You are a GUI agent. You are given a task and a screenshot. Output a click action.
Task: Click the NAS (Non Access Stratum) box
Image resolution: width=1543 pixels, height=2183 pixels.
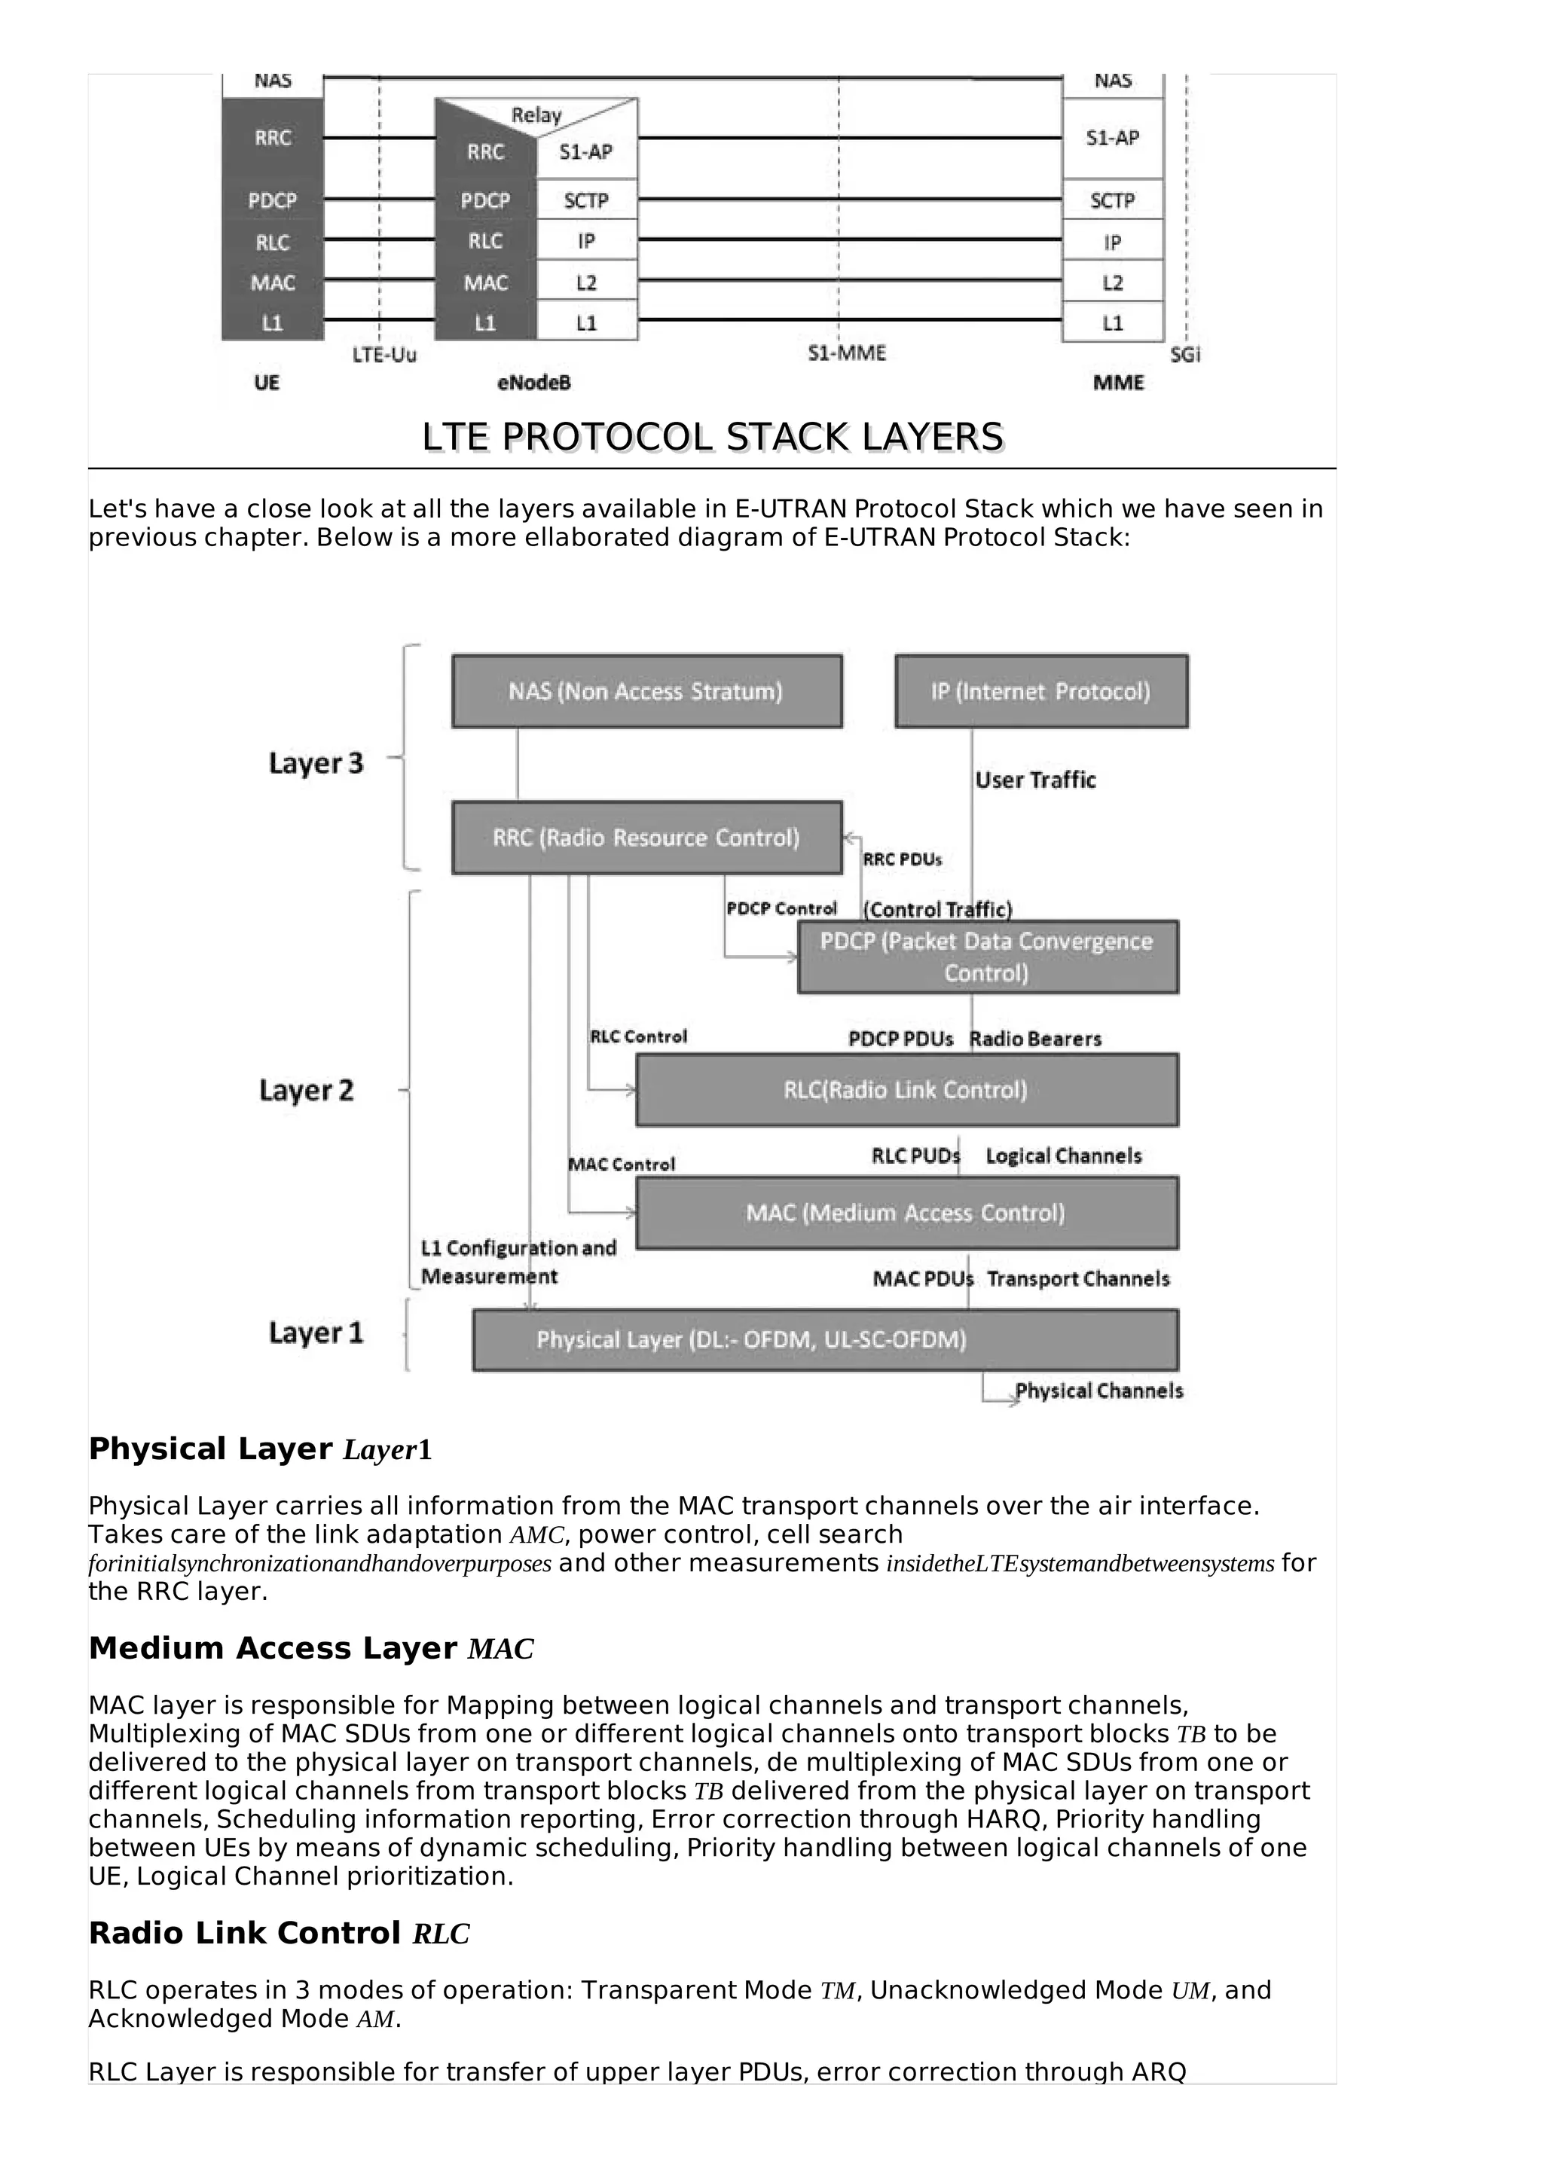point(646,692)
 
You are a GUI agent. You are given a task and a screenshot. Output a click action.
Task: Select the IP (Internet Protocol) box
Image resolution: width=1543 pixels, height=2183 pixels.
point(1041,692)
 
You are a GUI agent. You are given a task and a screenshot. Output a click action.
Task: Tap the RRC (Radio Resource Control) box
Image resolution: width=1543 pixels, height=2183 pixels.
point(646,838)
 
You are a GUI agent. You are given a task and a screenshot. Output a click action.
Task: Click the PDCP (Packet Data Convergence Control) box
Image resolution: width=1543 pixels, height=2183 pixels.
point(987,957)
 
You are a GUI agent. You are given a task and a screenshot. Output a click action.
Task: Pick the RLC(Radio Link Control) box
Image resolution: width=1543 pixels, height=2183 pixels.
point(906,1089)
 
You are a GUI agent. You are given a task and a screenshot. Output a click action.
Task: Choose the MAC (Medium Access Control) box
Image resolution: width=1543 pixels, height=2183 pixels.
point(906,1214)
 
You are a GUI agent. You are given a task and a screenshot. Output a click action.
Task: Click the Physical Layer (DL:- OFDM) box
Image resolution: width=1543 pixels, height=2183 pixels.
point(825,1339)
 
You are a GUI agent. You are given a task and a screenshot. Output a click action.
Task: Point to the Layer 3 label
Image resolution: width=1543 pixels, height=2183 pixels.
point(316,764)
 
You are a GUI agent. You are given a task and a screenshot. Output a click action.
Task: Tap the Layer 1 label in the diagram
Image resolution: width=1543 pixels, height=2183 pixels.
point(316,1333)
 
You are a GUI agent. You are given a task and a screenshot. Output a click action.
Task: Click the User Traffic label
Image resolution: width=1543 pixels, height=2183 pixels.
point(1035,780)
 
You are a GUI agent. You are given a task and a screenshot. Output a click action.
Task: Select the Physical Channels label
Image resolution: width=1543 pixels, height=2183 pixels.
point(1099,1391)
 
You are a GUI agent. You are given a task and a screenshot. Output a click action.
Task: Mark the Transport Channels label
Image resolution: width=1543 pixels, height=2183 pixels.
point(1078,1279)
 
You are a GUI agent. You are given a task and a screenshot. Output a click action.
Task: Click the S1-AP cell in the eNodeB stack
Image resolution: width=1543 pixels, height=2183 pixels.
point(585,152)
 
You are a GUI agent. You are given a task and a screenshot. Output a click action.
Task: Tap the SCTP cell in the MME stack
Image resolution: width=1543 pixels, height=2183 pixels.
point(1112,200)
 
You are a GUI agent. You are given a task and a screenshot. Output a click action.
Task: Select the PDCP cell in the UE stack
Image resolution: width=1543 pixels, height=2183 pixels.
point(272,200)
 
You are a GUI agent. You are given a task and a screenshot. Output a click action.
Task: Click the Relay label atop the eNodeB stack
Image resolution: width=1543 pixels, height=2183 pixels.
point(537,115)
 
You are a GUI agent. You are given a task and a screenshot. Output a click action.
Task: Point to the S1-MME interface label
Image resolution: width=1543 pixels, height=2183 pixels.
point(846,354)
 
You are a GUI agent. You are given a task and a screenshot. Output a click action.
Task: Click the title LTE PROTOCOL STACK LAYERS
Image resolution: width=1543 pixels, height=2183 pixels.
point(712,438)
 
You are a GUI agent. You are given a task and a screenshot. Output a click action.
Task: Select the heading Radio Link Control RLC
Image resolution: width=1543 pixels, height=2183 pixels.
point(279,1933)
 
